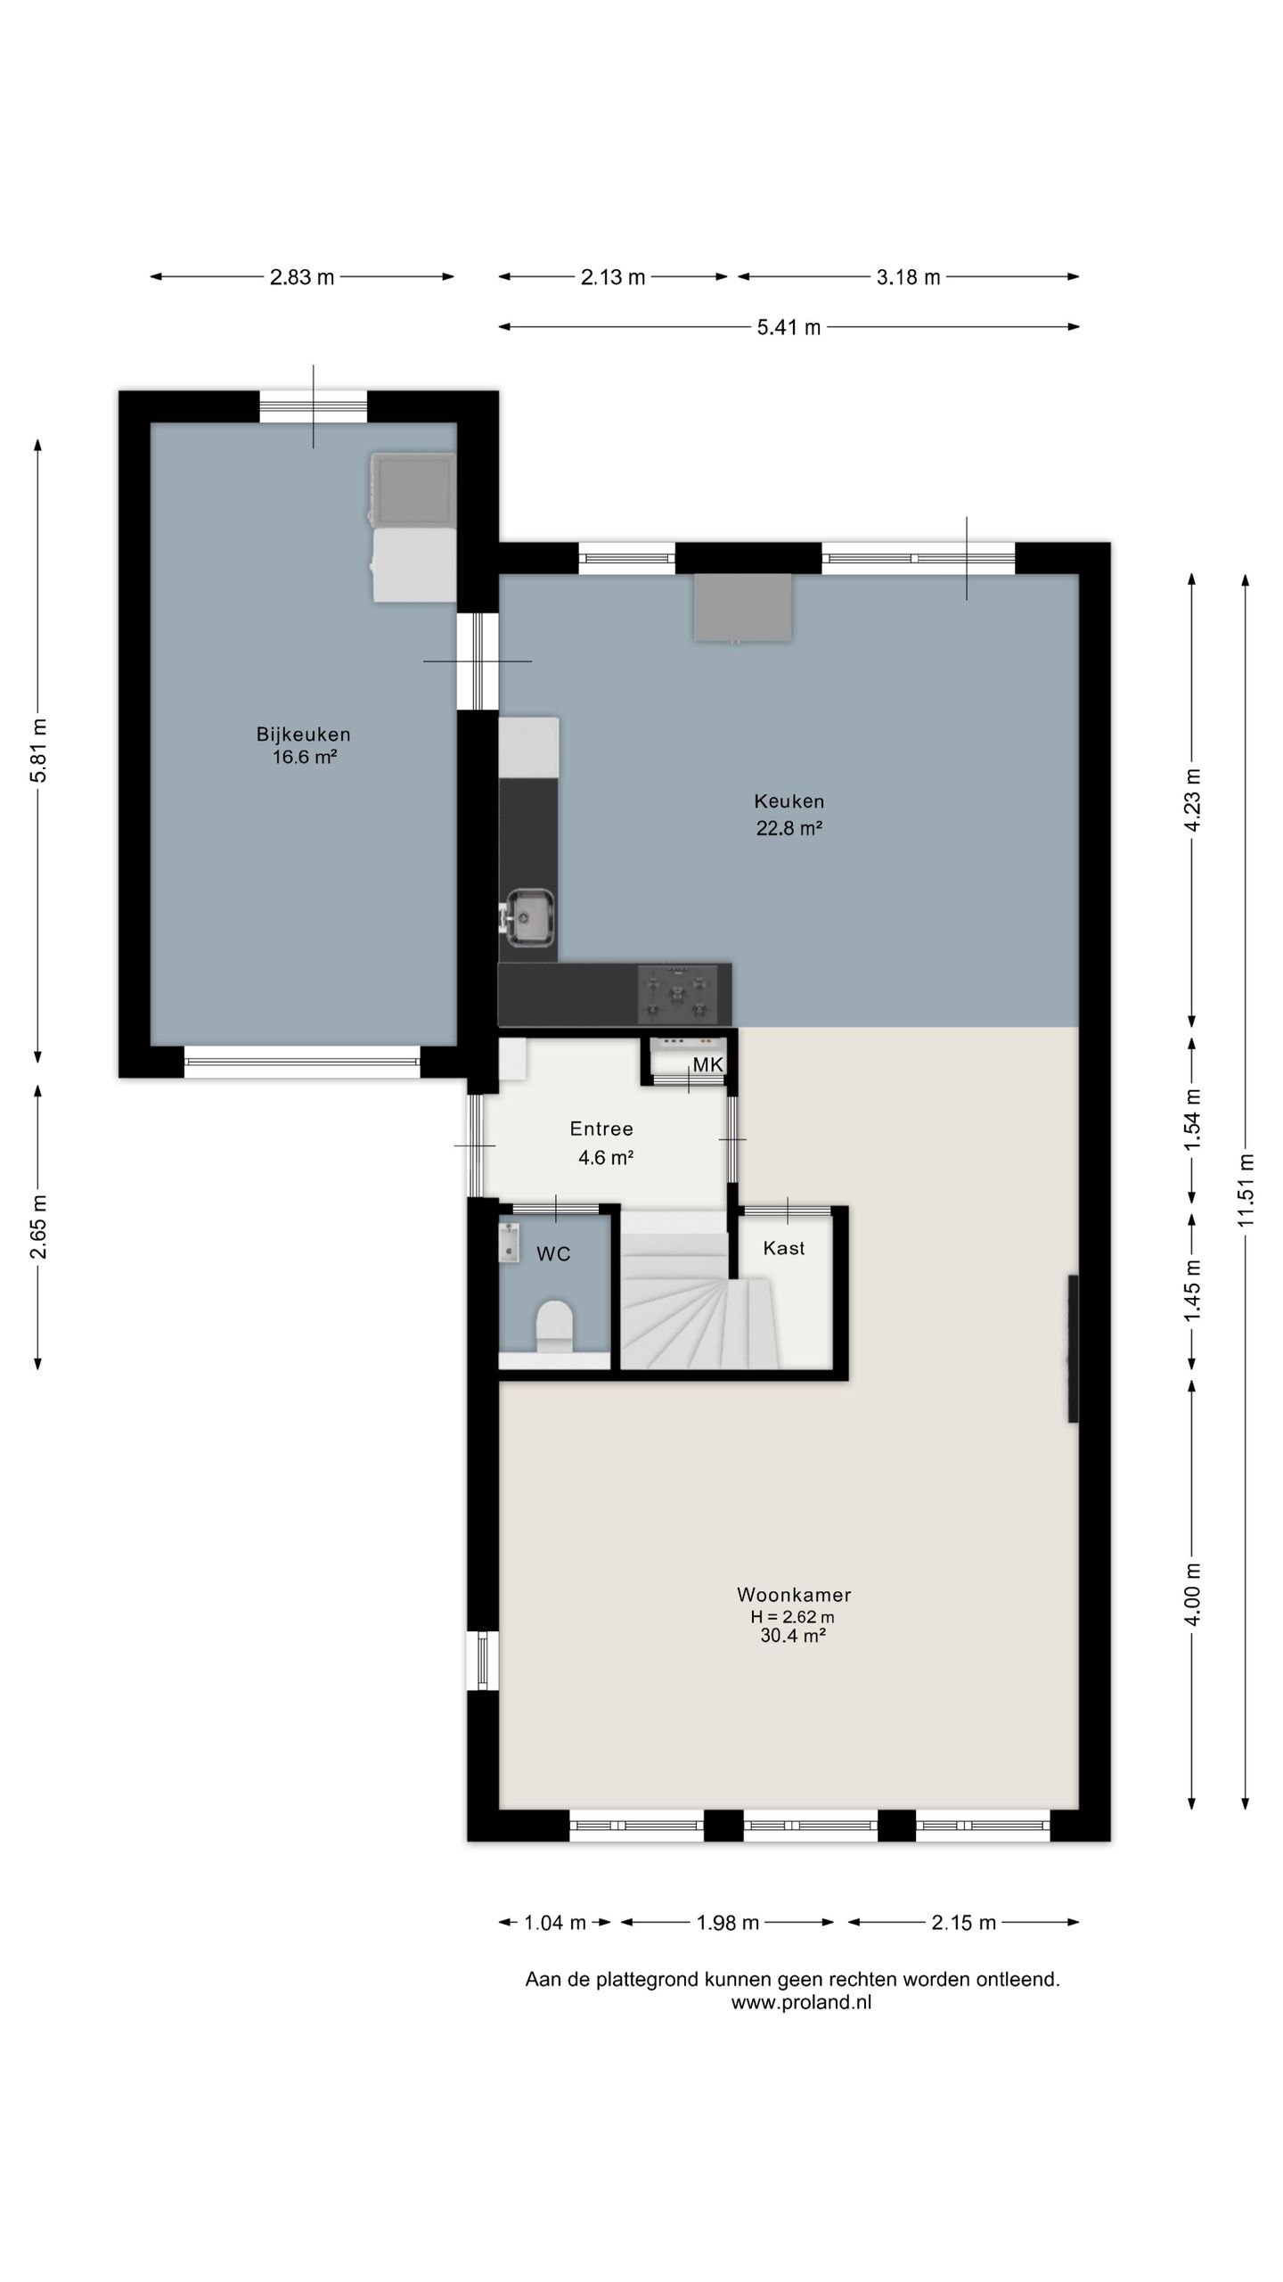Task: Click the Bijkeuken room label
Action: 303,735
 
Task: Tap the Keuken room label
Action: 789,800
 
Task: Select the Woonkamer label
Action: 794,1595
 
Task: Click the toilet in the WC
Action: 555,1326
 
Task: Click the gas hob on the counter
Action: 677,994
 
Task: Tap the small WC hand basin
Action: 509,1243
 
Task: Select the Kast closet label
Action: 784,1248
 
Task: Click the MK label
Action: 708,1064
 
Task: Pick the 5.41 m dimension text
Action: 789,327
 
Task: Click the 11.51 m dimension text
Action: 1246,1189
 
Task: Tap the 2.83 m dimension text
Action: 302,277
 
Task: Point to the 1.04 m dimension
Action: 555,1922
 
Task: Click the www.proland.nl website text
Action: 801,2002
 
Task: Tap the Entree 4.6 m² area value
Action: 606,1158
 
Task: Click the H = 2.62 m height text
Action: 792,1616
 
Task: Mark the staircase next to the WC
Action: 700,1289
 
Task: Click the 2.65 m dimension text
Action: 38,1227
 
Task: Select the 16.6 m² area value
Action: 305,758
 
